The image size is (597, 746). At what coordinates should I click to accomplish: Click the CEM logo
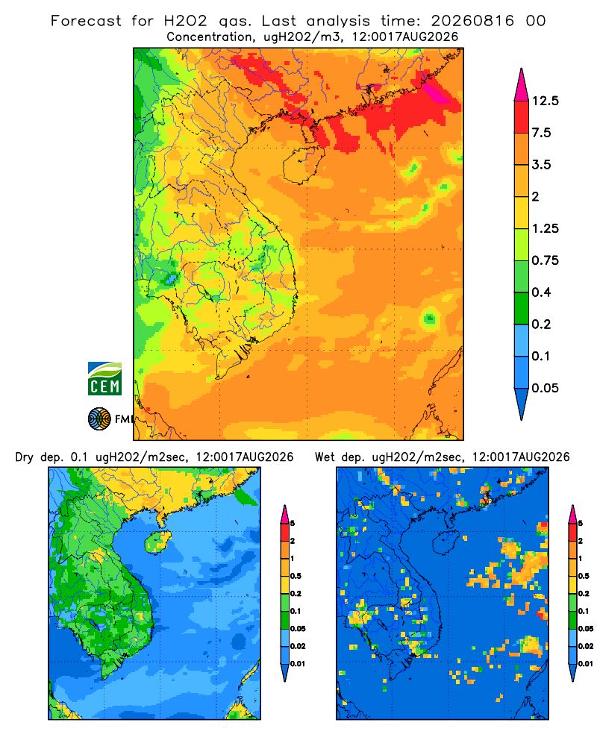pos(104,378)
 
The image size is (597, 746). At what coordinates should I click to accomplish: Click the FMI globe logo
pos(99,419)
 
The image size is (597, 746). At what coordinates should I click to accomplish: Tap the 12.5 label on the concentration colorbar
pos(545,101)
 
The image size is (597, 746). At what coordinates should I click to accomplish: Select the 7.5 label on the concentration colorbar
pos(541,133)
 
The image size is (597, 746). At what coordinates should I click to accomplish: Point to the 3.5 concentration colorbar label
pos(541,165)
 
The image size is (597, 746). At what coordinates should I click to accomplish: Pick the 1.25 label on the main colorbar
pos(545,228)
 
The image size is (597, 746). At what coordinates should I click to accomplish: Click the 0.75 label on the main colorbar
pos(545,260)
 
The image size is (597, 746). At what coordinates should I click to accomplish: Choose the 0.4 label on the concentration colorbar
pos(541,292)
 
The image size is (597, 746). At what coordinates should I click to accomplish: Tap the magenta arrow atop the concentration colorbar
pos(522,86)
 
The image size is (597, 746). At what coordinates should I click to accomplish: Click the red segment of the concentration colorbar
pos(522,117)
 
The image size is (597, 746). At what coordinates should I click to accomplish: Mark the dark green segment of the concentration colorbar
pos(522,308)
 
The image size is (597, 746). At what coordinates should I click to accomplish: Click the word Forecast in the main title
pos(86,21)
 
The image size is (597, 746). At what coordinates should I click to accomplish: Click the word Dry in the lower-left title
pos(25,457)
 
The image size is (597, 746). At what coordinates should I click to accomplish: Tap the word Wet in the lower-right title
pos(325,457)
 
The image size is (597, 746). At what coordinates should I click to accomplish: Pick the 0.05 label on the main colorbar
pos(545,388)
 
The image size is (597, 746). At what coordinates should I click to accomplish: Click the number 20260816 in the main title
pos(472,21)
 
